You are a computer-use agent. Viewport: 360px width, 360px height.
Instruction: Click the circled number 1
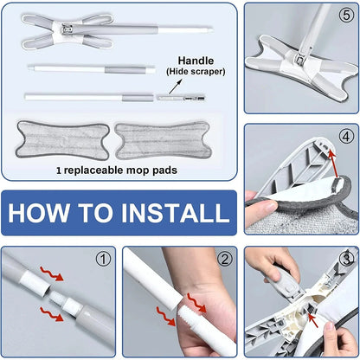point(104,258)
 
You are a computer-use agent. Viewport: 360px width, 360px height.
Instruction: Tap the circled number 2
point(225,258)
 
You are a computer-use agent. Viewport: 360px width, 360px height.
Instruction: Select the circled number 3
point(346,258)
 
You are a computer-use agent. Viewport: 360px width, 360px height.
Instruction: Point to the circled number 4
point(346,136)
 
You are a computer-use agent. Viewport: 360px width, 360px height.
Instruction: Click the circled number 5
point(346,14)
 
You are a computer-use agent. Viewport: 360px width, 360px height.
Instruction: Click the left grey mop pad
point(62,139)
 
